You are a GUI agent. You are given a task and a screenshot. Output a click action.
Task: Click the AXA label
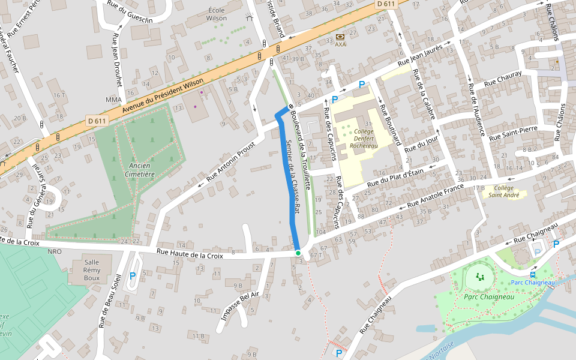point(340,44)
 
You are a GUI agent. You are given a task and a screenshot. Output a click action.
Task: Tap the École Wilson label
point(217,14)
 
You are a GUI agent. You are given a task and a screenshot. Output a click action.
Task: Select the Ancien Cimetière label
point(142,170)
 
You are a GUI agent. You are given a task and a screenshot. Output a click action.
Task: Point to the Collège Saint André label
point(503,191)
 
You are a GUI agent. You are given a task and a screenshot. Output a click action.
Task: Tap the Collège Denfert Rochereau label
point(364,138)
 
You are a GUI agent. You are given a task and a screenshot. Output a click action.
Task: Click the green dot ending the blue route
point(298,253)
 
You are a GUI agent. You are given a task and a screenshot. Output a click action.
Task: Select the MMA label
point(113,100)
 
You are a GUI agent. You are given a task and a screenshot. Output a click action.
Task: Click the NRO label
point(55,251)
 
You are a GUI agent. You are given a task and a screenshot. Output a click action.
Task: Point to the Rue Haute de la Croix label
point(189,254)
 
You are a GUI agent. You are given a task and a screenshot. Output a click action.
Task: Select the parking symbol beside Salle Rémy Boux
point(133,275)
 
